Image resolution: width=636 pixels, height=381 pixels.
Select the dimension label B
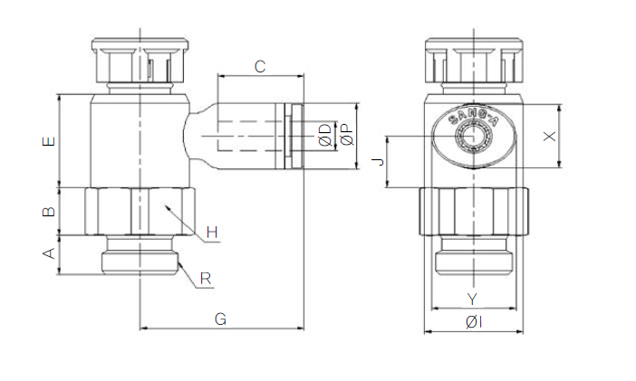(50, 213)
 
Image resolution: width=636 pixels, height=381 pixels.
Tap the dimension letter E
(50, 141)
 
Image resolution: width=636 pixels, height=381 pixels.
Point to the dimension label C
(259, 66)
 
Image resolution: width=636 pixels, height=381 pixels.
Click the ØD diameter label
(323, 137)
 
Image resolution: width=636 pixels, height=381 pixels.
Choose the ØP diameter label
(345, 137)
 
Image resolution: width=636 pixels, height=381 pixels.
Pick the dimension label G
(220, 319)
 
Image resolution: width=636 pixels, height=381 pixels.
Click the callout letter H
(212, 233)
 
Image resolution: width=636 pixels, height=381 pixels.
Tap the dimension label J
(379, 162)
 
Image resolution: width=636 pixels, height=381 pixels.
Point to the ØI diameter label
(473, 322)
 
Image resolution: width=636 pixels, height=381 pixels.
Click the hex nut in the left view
(140, 210)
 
